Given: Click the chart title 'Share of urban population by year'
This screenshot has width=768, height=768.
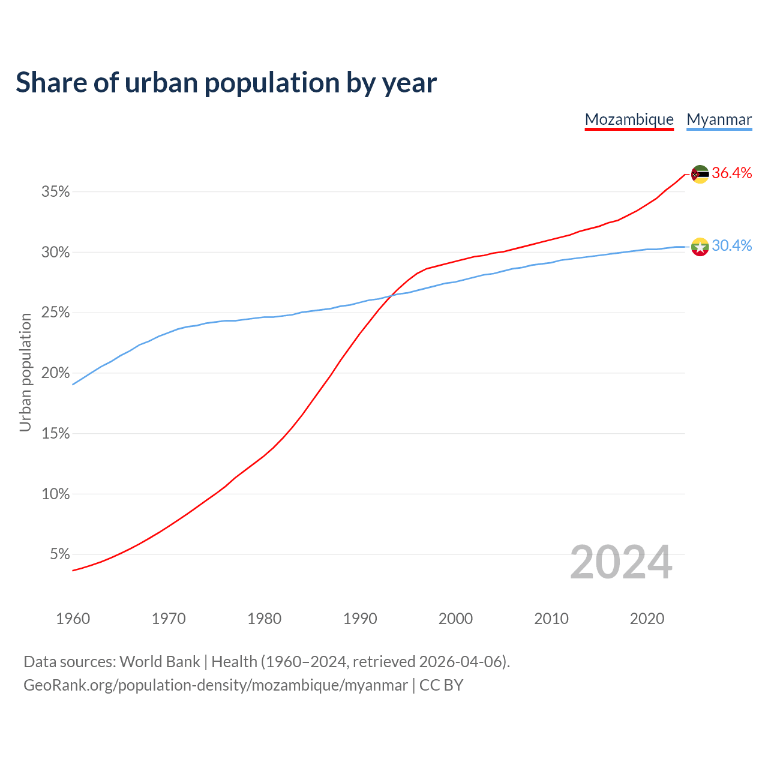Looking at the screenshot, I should pos(226,83).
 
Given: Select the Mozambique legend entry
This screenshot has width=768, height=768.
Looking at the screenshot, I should pos(629,119).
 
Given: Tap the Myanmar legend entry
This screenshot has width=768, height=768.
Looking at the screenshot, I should pos(719,119).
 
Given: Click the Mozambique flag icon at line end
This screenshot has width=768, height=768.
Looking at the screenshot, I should pos(700,174).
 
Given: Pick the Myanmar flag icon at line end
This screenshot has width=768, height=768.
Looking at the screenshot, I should pos(700,247).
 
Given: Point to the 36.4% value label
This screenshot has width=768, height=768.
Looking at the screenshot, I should pos(732,173).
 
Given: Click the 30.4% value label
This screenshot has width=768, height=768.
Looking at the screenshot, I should pos(732,246).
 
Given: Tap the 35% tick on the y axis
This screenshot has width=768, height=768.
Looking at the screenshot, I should pos(56,192).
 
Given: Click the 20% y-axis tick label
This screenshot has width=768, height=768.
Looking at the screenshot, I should pos(56,373).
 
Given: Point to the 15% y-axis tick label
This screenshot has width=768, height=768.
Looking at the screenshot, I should pos(56,434).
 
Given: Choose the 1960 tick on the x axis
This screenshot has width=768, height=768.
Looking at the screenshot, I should pos(73,619).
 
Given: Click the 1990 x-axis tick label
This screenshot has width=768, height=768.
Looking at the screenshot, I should pos(360,619).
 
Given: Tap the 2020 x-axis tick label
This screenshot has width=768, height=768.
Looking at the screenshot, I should pos(647,619).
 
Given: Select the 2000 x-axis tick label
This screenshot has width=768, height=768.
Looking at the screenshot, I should pos(455,619).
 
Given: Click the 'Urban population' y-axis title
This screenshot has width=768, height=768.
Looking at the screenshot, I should pos(25,372).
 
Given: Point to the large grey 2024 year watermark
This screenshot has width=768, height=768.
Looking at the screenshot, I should pos(621,563).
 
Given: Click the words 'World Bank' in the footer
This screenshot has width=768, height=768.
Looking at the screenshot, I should pos(160,662).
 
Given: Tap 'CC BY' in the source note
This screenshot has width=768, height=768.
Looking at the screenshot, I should pos(441,685).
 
